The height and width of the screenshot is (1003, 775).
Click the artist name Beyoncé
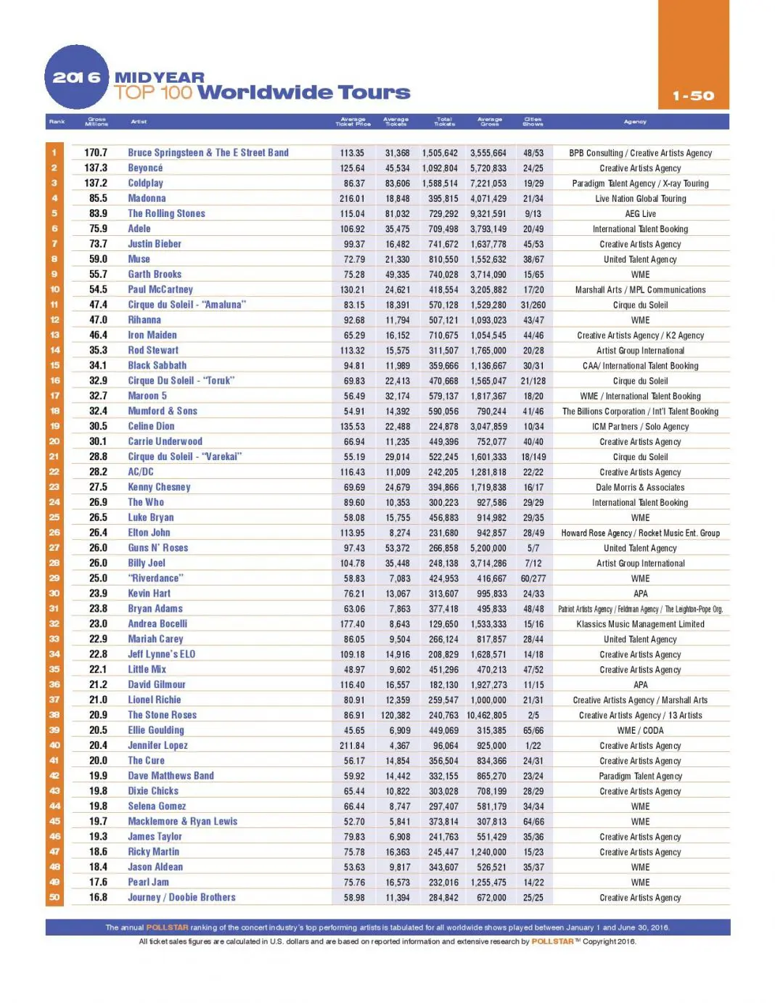[145, 168]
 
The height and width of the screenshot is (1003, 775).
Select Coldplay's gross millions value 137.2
[96, 183]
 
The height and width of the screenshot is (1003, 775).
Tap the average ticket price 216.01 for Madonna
[352, 198]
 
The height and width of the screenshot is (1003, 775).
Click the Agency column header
[635, 122]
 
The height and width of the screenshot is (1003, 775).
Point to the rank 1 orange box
[54, 152]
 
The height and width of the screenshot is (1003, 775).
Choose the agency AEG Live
[640, 213]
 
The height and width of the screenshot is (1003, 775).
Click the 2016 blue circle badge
[76, 78]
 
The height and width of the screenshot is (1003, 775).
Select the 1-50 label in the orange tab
[693, 96]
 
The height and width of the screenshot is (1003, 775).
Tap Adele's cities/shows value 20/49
[533, 229]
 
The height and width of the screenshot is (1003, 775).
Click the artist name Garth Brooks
[155, 274]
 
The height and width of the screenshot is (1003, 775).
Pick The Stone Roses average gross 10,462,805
[487, 715]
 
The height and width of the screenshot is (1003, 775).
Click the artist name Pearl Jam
[148, 882]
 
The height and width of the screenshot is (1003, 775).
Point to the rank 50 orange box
[54, 897]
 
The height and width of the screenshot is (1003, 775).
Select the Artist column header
[139, 122]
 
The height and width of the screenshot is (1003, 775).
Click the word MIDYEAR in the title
[160, 77]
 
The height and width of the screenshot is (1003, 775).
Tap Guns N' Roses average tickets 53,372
[397, 548]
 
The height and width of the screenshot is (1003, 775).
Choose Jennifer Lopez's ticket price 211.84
[352, 745]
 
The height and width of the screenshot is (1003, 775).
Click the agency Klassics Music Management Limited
[640, 624]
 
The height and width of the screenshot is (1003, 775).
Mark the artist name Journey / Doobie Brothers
[181, 897]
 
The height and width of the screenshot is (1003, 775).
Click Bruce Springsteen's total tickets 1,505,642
[440, 153]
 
